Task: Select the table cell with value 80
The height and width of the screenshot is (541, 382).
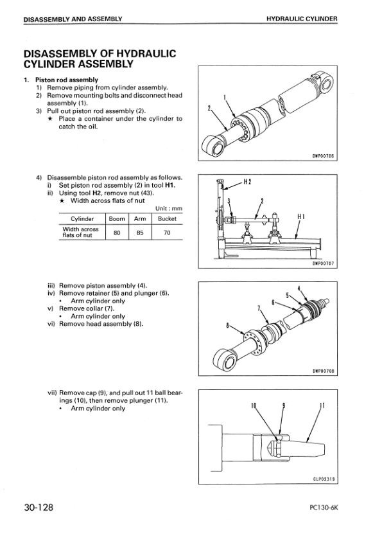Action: point(117,233)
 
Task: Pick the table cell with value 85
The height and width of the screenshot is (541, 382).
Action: point(140,233)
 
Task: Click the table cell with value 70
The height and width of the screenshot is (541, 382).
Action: point(166,233)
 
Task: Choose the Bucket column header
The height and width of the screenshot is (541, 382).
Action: point(166,218)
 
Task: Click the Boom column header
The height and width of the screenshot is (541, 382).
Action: point(117,218)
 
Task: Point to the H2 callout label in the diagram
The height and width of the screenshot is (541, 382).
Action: point(246,182)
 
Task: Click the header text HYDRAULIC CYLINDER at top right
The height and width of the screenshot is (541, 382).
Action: point(302,19)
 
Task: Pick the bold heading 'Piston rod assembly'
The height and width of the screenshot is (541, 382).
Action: point(66,80)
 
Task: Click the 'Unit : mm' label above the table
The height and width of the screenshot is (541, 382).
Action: point(169,208)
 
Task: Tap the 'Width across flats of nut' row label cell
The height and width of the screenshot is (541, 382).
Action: point(80,233)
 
